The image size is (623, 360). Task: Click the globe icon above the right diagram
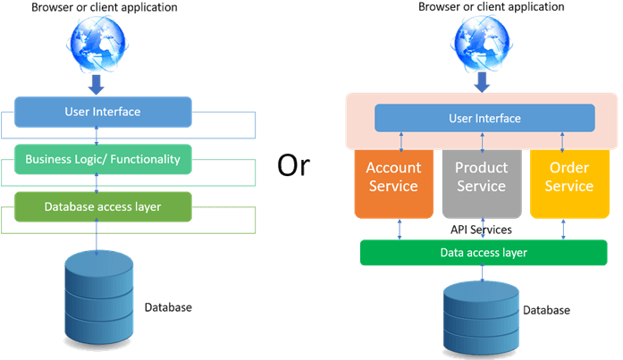(x=484, y=40)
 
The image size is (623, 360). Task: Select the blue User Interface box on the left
(x=103, y=113)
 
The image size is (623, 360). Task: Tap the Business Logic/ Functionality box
(x=103, y=160)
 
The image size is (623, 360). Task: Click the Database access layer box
(x=103, y=207)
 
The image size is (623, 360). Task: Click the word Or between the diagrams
(x=293, y=164)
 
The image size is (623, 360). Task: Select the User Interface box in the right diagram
(x=484, y=118)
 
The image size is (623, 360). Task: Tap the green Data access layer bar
(x=484, y=253)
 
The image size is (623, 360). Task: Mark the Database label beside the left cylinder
(x=168, y=308)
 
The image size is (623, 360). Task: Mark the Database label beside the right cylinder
(x=546, y=310)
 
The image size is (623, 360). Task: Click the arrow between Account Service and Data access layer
(x=400, y=229)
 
